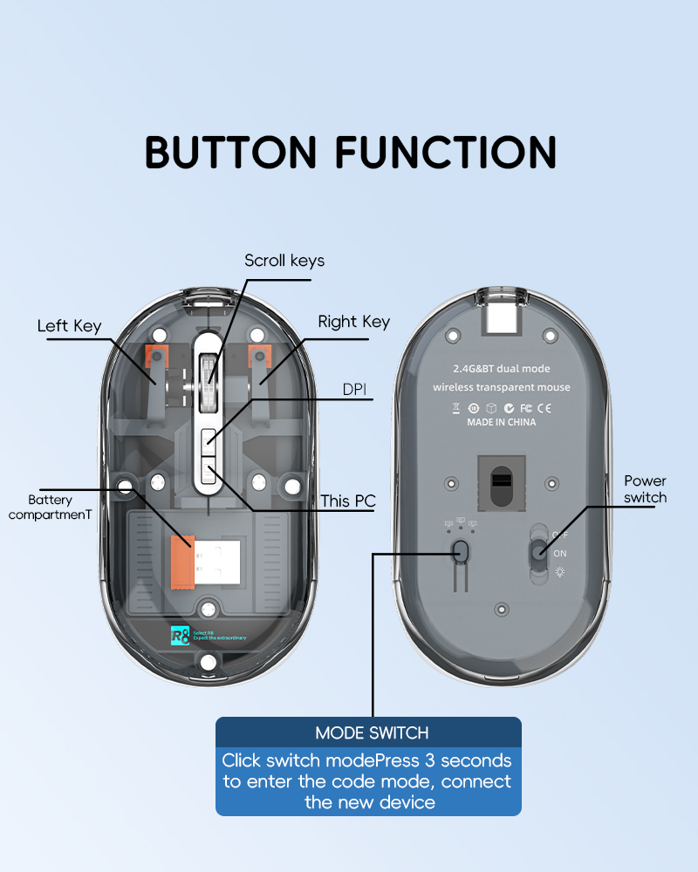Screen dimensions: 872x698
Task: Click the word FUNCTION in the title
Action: (x=446, y=152)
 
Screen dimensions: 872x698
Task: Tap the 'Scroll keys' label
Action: (x=284, y=261)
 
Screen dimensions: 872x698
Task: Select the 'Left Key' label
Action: (x=69, y=326)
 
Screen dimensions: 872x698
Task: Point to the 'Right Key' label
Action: (x=353, y=322)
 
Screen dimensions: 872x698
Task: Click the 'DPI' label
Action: (x=354, y=390)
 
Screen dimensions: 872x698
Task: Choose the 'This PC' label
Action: (x=347, y=501)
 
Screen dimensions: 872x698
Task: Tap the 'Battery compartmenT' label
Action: (x=50, y=507)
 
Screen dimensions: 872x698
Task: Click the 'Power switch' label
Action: (x=645, y=489)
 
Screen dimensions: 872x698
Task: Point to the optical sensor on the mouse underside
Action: (x=502, y=480)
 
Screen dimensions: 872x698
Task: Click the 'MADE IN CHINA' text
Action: (x=501, y=422)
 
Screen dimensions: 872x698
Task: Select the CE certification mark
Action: (x=542, y=407)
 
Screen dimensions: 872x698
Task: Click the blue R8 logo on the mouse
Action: (x=180, y=635)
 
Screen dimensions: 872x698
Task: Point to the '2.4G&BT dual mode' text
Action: (x=502, y=369)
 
